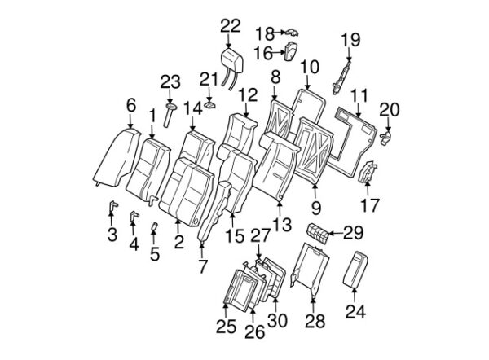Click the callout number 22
pyautogui.click(x=231, y=26)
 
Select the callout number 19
pyautogui.click(x=350, y=40)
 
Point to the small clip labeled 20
pyautogui.click(x=386, y=137)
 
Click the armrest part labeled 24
pyautogui.click(x=355, y=270)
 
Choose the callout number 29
pyautogui.click(x=353, y=233)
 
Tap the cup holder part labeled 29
pyautogui.click(x=318, y=234)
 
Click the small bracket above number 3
pyautogui.click(x=113, y=206)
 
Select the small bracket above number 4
pyautogui.click(x=134, y=216)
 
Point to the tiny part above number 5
pyautogui.click(x=154, y=226)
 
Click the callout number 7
pyautogui.click(x=203, y=266)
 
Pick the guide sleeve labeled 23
pyautogui.click(x=170, y=115)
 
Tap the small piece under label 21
pyautogui.click(x=210, y=104)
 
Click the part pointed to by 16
pyautogui.click(x=291, y=51)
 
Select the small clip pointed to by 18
pyautogui.click(x=291, y=32)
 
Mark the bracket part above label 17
pyautogui.click(x=368, y=172)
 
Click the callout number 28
pyautogui.click(x=315, y=321)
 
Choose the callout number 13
pyautogui.click(x=282, y=225)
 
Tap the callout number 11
pyautogui.click(x=359, y=95)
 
